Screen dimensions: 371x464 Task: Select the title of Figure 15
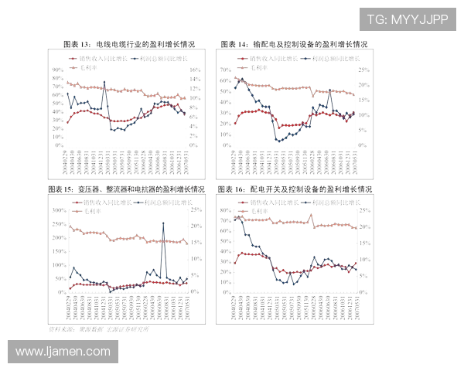tap(127, 189)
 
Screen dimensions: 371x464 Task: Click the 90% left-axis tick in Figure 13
tap(58, 69)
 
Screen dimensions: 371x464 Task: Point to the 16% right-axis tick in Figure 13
tap(194, 69)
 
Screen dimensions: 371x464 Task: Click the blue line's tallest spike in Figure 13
tap(104, 83)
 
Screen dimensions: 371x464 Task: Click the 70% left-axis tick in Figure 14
tap(227, 69)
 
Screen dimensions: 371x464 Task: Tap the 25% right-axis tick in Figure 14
tap(364, 69)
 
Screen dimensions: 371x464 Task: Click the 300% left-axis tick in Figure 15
tap(56, 210)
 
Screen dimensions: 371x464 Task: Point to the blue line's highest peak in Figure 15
tap(163, 223)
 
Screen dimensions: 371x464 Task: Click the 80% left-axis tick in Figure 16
tap(227, 210)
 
